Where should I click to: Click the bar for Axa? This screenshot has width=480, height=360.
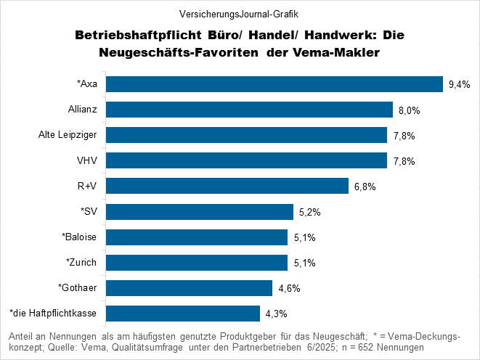275,84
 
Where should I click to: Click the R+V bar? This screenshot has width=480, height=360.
228,186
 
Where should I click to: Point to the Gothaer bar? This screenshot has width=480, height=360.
190,287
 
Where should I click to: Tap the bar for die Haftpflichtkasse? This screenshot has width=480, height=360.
184,313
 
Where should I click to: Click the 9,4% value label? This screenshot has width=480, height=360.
460,85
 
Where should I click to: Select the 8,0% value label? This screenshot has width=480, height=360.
410,110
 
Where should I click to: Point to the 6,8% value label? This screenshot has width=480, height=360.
365,187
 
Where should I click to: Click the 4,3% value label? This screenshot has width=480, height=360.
277,314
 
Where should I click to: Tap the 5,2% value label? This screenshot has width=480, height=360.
309,212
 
